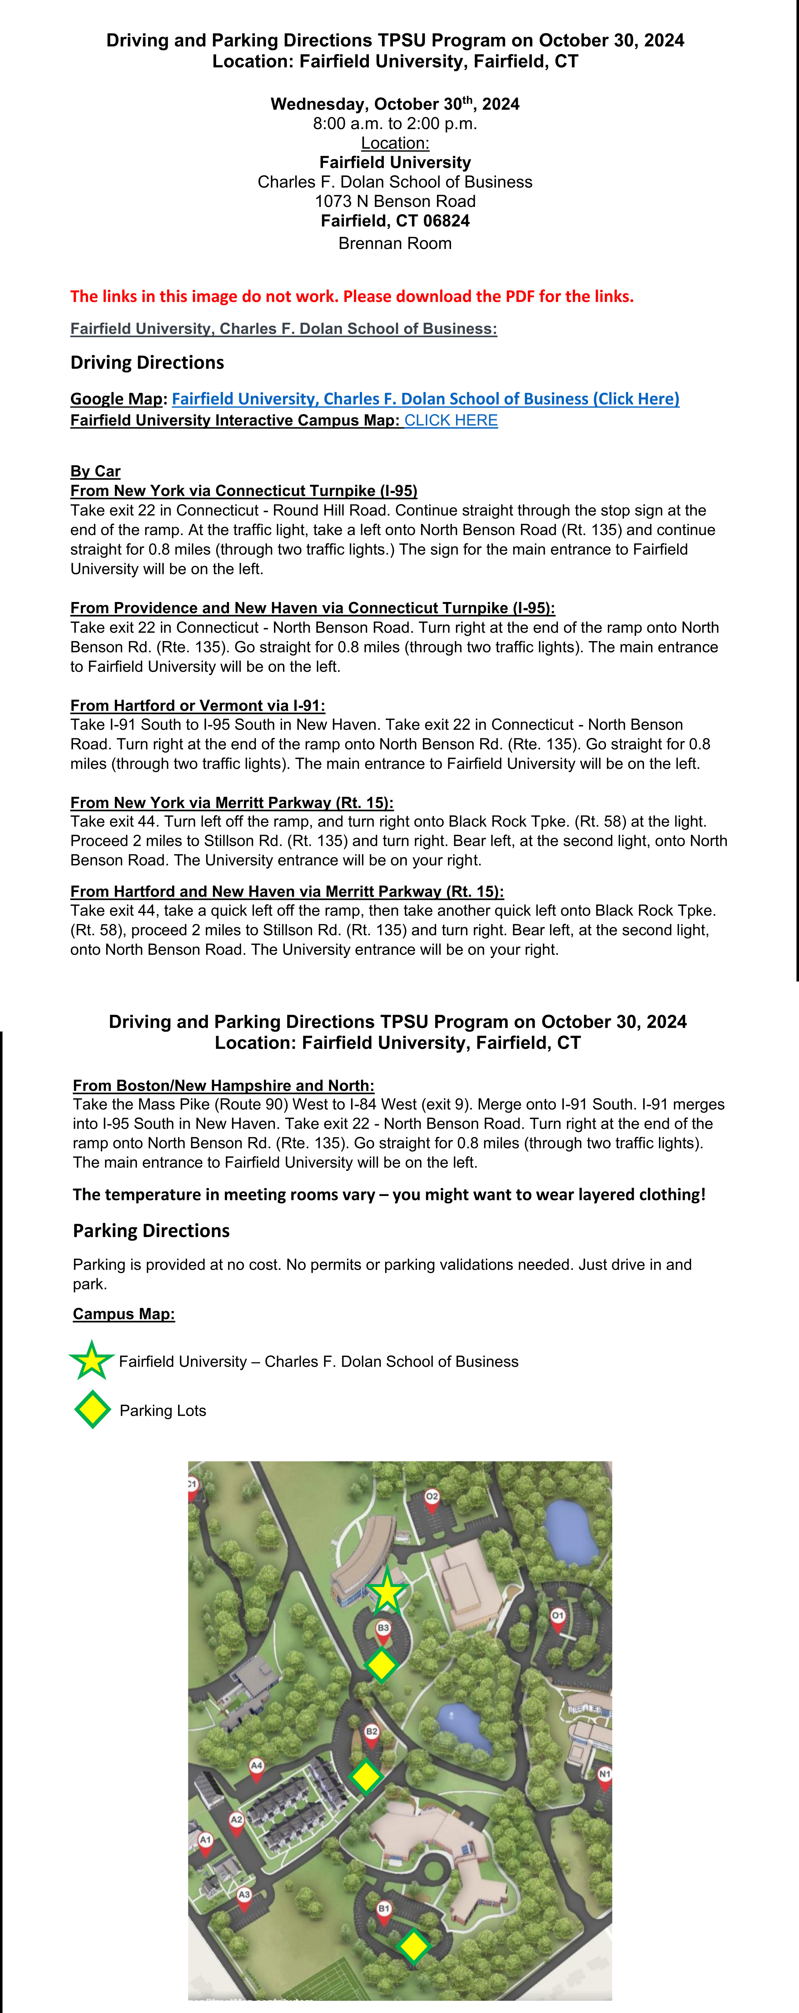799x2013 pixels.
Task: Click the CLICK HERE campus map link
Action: (x=451, y=420)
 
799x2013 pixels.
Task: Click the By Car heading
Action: (x=95, y=471)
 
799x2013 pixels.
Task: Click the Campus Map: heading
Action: (x=123, y=1313)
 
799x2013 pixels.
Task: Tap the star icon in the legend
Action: (x=92, y=1360)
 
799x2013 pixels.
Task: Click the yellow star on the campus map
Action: (x=387, y=1592)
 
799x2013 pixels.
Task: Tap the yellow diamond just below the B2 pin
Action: (x=365, y=1776)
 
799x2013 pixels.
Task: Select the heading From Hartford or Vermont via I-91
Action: (x=198, y=706)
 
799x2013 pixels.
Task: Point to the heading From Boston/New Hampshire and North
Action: (x=223, y=1085)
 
